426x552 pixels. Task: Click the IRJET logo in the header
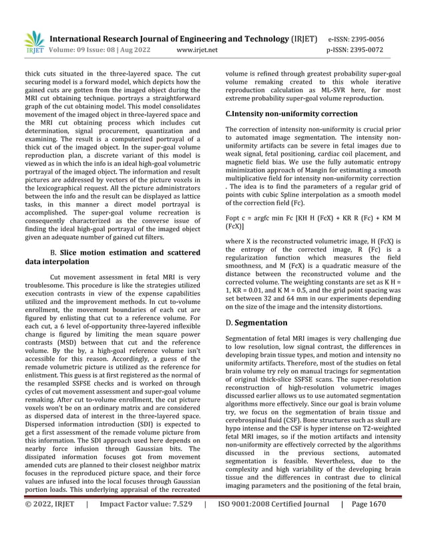(x=33, y=41)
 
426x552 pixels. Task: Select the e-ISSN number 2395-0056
(x=365, y=39)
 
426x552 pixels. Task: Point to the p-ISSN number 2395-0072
(x=365, y=49)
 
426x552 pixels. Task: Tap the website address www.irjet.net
(x=197, y=49)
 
